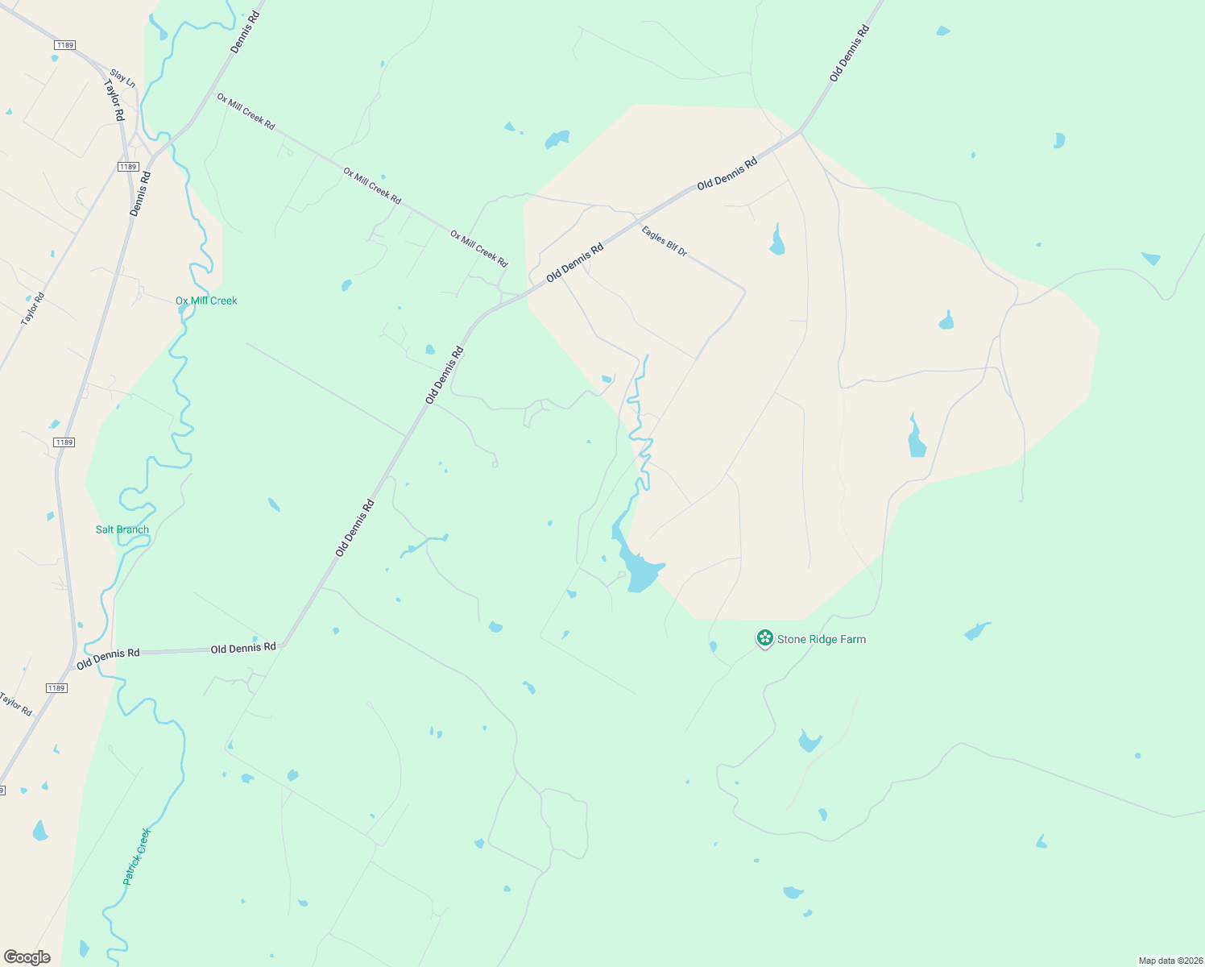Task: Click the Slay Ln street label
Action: click(122, 77)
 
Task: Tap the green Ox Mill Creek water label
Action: click(206, 301)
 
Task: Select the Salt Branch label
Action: click(122, 529)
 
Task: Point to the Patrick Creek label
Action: click(137, 857)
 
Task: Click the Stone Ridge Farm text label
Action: click(821, 639)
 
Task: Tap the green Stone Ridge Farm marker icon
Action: click(764, 638)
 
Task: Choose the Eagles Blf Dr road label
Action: click(665, 241)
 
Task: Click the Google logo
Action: click(27, 957)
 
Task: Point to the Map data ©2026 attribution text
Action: click(1170, 961)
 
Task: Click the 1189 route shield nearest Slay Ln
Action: click(65, 45)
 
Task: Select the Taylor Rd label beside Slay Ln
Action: click(114, 101)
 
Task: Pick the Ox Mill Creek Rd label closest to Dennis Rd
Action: click(246, 111)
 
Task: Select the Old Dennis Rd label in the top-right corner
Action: click(850, 53)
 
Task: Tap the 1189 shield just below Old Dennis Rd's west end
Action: click(56, 688)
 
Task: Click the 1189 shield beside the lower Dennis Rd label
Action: click(127, 167)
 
